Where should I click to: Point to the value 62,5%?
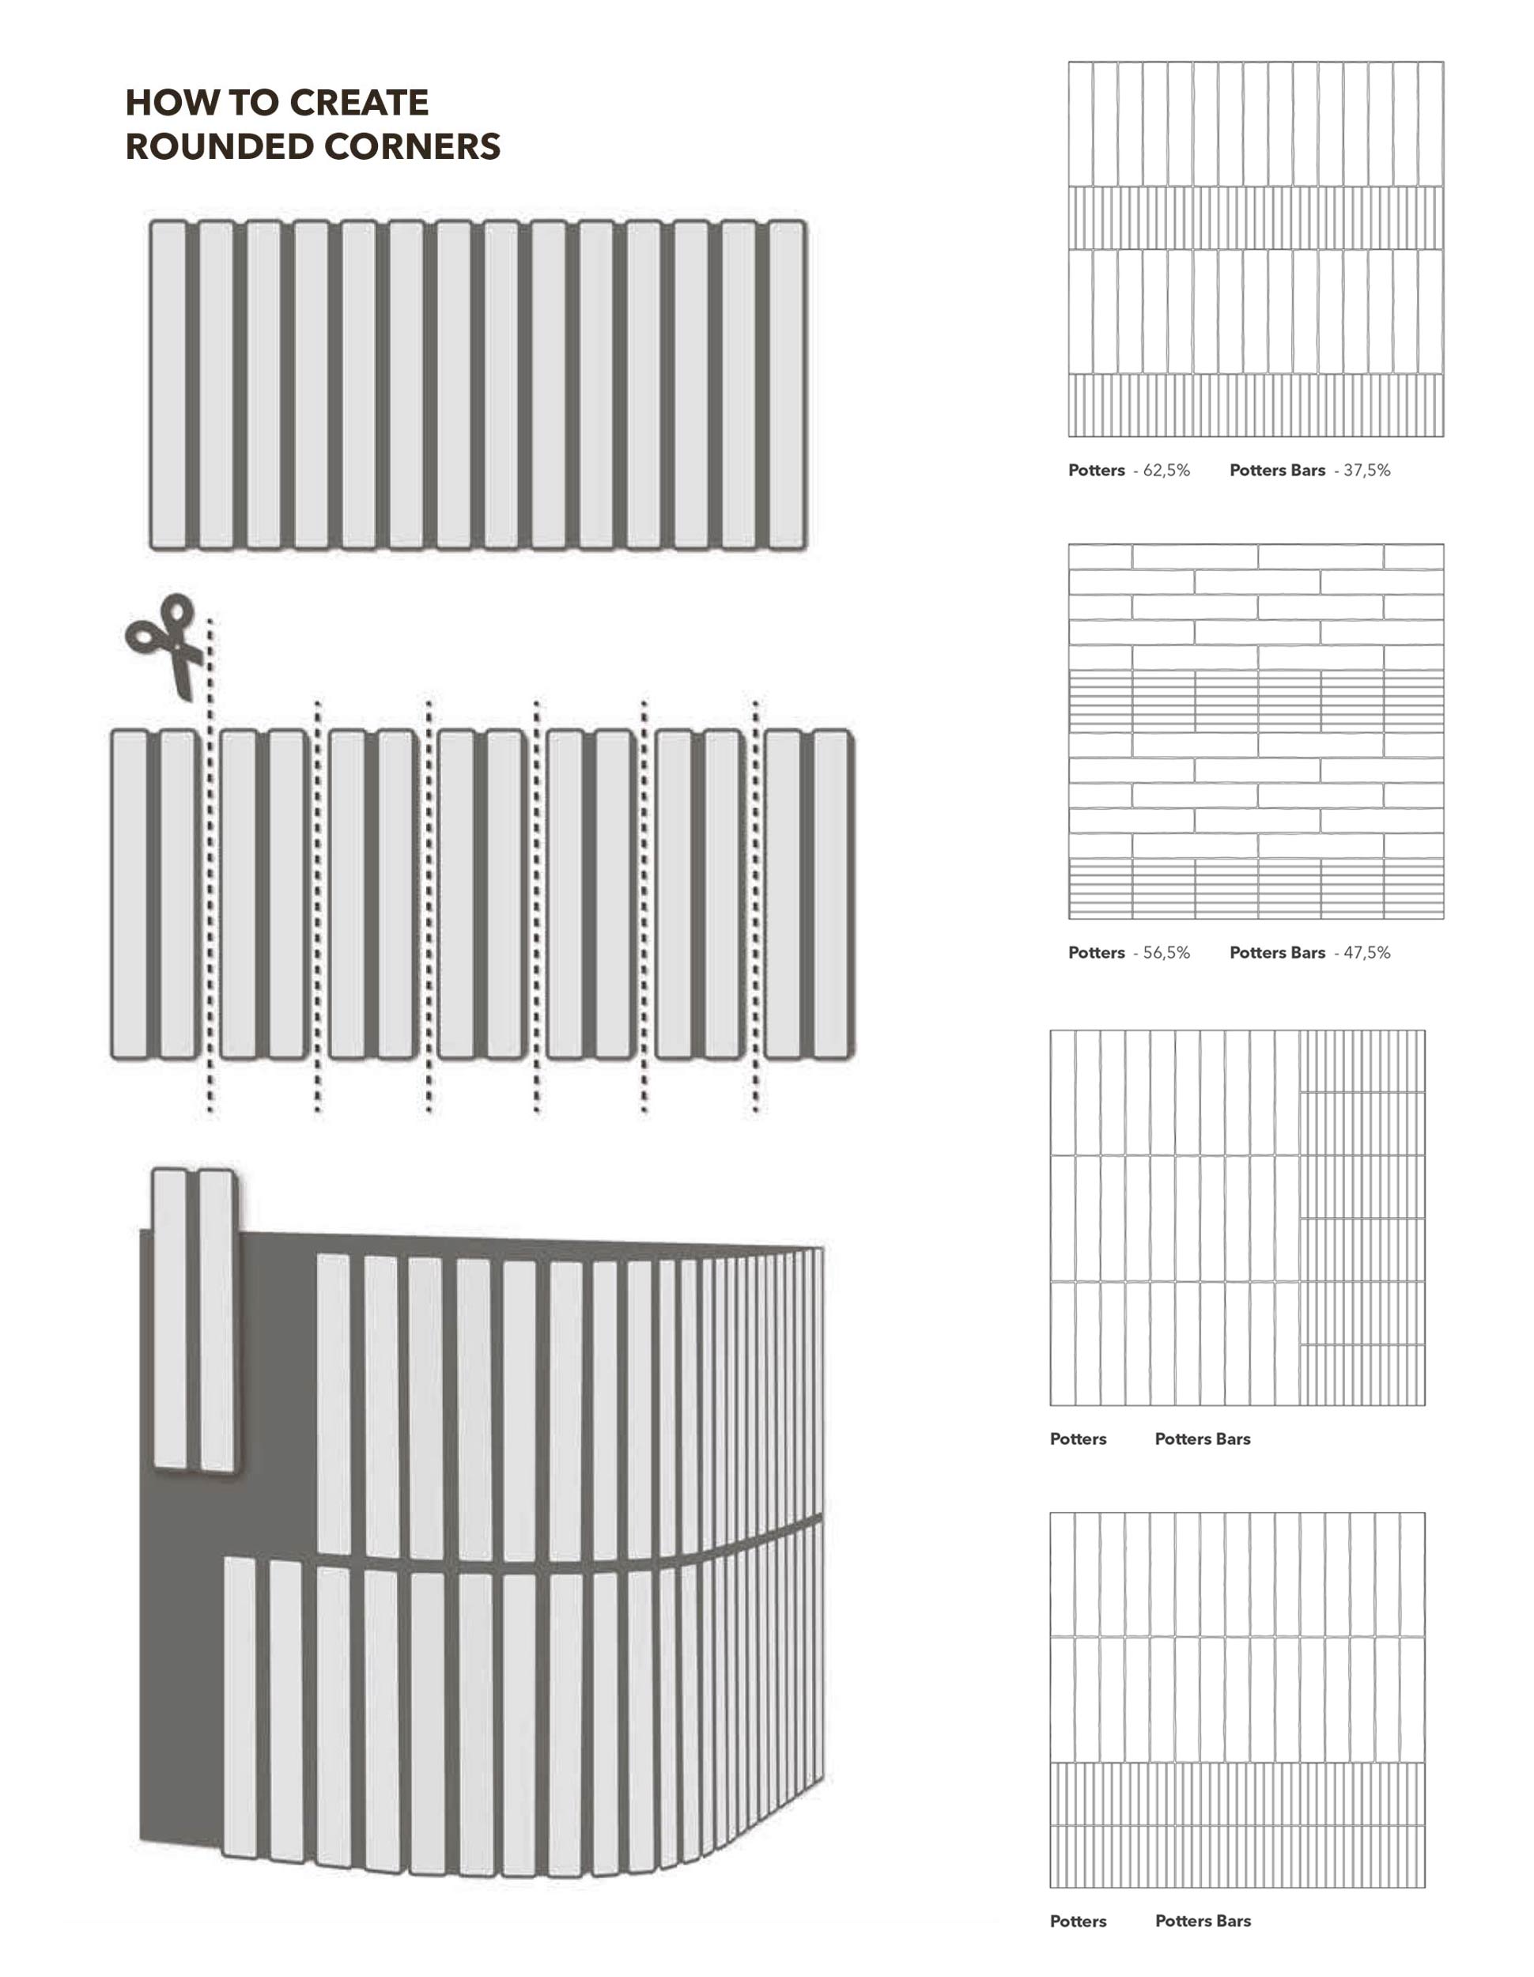tap(1166, 471)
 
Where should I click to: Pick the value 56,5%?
tap(1166, 953)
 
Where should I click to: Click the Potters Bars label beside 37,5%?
tap(1277, 471)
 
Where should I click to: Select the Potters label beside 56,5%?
tap(1096, 953)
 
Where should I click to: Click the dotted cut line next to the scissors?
tap(210, 864)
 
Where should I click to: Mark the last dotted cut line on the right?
tap(756, 905)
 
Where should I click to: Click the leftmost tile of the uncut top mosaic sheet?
tap(168, 384)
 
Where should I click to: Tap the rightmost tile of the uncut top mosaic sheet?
tap(787, 384)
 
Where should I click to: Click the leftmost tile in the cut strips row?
tap(130, 894)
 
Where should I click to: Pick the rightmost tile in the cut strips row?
tap(831, 894)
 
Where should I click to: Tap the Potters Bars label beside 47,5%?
tap(1277, 953)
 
